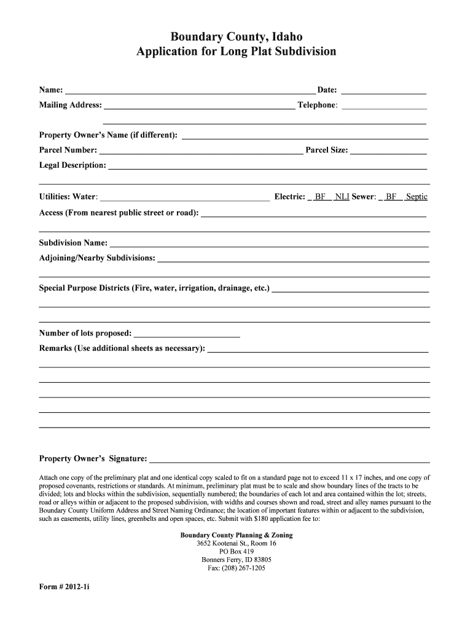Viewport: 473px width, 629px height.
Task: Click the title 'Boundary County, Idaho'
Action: [237, 36]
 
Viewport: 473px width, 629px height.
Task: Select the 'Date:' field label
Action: [327, 90]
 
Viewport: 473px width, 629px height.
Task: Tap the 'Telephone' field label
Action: [317, 105]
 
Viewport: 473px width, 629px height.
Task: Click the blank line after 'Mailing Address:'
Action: [199, 106]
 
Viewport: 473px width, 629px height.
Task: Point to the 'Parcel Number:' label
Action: [68, 150]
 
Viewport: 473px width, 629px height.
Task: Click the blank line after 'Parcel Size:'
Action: [388, 151]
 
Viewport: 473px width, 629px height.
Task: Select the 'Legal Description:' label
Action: [72, 165]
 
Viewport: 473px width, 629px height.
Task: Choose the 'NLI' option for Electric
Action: [342, 197]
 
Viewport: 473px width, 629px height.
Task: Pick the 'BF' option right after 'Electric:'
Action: [319, 197]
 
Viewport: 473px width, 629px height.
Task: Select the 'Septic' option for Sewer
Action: [416, 197]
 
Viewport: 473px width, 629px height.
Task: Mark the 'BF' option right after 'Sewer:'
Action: [391, 197]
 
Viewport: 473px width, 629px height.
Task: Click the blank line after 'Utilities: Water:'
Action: [184, 198]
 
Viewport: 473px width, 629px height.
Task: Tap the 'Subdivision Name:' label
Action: [74, 243]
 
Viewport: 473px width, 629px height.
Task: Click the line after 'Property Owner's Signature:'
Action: [289, 460]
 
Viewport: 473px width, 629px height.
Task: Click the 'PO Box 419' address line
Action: [237, 552]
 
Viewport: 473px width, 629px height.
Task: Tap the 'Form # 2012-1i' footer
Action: [64, 586]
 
